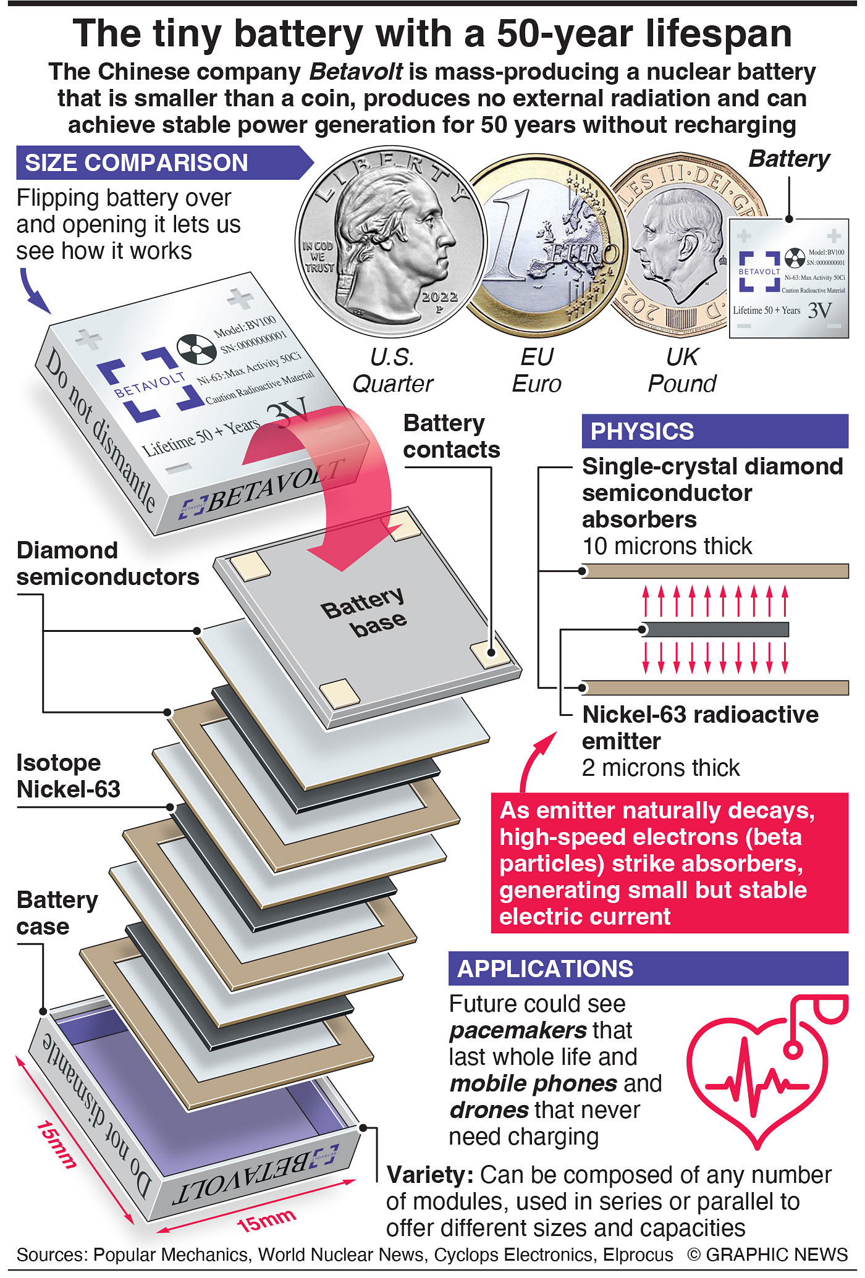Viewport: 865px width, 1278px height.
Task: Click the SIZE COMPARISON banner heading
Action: (137, 163)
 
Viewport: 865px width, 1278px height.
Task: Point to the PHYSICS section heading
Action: (643, 431)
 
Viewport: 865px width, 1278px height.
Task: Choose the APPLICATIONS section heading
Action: (546, 969)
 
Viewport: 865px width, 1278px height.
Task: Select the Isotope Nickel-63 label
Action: (68, 776)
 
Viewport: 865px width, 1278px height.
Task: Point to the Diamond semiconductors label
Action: (108, 563)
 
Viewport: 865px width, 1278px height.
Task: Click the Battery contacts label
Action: (451, 437)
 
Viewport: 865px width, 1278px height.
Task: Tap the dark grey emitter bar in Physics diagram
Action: (715, 629)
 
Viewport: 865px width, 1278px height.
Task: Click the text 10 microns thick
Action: (667, 546)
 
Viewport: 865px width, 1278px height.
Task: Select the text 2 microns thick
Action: (660, 768)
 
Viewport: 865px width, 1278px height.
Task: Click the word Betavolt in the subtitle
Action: (357, 72)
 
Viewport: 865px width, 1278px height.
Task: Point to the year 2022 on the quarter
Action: (439, 297)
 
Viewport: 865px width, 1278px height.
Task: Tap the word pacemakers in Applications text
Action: (518, 1030)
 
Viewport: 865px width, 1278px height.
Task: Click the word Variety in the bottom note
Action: (429, 1175)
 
